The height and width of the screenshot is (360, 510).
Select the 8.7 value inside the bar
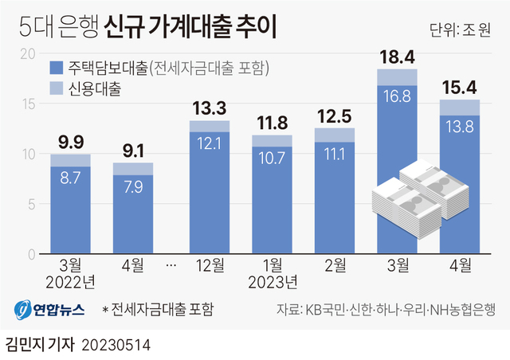(70, 181)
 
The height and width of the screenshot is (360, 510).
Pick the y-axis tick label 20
(28, 54)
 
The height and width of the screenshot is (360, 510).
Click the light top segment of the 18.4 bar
(398, 77)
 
